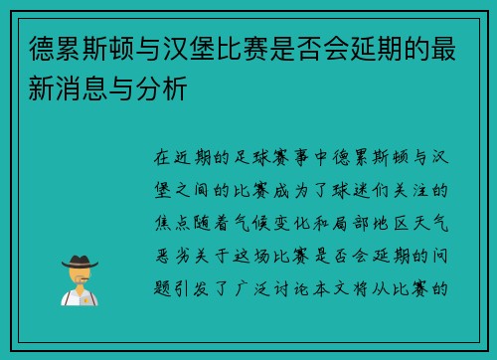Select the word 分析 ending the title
(167, 88)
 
